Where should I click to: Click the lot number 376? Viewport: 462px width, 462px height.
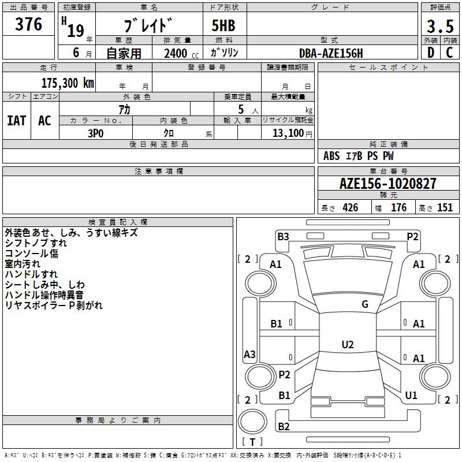pos(29,25)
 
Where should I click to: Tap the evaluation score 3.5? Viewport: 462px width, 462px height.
pos(439,26)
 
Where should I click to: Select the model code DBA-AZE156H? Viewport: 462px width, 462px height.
pos(331,53)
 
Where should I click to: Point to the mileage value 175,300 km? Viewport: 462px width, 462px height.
pos(68,83)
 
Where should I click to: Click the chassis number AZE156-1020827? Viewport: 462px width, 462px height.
pos(388,184)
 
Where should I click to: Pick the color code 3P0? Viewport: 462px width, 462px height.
pos(96,133)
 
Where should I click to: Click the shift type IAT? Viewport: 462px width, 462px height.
pos(16,121)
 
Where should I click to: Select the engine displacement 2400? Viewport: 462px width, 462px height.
pos(176,53)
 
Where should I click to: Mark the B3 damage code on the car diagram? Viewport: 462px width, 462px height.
pos(283,236)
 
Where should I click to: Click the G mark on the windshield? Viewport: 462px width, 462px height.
pos(365,304)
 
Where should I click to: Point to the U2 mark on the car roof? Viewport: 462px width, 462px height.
pos(347,345)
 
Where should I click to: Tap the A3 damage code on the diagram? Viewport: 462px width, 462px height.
pos(249,355)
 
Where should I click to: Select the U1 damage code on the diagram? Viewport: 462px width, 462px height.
pos(411,396)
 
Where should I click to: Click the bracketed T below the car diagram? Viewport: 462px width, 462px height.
pos(252,442)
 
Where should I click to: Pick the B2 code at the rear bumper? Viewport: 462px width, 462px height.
pos(284,426)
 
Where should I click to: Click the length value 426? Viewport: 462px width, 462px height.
pos(350,208)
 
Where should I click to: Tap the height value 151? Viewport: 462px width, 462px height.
pos(445,208)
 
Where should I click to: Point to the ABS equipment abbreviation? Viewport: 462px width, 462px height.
pos(331,156)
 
